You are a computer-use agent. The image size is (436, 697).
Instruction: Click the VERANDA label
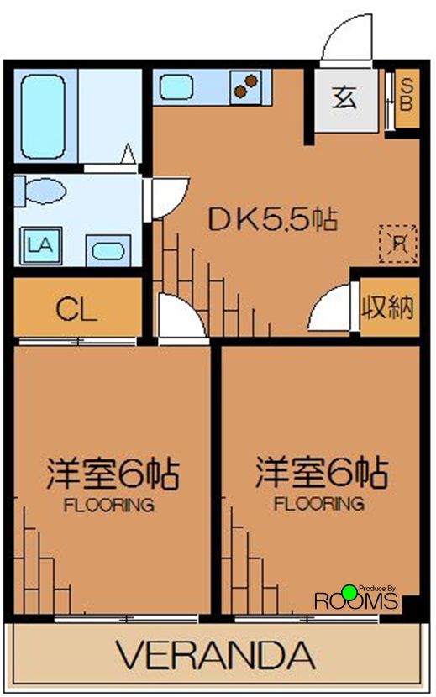point(215,654)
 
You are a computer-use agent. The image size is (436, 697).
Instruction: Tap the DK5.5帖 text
point(273,220)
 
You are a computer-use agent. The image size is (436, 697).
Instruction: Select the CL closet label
point(76,309)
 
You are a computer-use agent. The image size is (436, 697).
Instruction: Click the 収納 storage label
point(388,307)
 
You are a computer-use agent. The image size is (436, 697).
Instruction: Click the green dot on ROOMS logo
point(349,592)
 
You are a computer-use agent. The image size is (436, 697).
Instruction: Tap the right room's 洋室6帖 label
point(321,474)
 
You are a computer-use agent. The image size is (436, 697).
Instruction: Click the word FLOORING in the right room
point(319,505)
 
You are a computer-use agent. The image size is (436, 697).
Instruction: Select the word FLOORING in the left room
point(109,506)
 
